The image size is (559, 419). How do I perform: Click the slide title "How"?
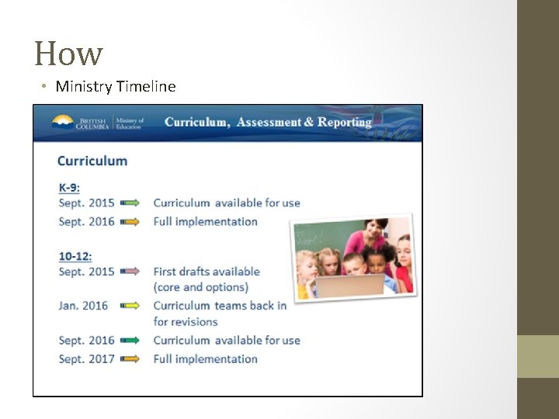point(68,54)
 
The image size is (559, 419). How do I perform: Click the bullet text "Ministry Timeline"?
point(116,86)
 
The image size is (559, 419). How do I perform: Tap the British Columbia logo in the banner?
point(82,123)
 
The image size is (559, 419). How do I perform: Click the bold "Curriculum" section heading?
point(92,161)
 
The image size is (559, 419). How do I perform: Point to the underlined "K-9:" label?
point(69,187)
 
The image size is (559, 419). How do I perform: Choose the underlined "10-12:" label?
point(75,255)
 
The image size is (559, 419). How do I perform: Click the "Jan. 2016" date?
point(83,306)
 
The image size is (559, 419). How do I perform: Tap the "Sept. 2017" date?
point(86,358)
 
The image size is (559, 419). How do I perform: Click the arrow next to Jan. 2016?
point(130,306)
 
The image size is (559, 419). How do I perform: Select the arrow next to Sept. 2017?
point(130,358)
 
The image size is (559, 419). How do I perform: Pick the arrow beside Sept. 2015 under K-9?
point(130,203)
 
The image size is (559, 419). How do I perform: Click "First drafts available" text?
point(207,272)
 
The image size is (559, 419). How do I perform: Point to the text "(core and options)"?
point(201,287)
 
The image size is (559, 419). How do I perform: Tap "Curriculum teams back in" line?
point(220,306)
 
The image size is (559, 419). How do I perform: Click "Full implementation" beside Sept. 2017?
point(205,358)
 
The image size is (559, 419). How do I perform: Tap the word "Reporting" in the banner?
point(345,122)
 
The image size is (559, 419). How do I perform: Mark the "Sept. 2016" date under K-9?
point(86,221)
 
